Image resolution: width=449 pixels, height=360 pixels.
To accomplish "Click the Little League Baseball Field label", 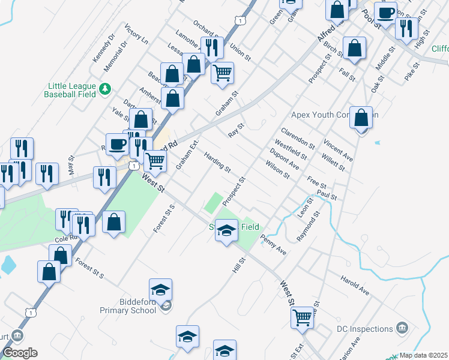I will [x=70, y=89].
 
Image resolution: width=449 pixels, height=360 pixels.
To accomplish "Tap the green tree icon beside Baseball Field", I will [x=106, y=89].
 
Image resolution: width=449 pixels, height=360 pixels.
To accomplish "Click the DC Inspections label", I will [x=364, y=329].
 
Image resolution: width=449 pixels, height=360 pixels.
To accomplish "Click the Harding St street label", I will [x=217, y=162].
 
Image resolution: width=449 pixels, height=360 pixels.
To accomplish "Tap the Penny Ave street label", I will [x=273, y=245].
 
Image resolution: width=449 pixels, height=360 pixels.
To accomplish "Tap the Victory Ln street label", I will [x=136, y=35].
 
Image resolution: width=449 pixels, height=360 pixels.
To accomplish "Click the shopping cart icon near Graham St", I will [x=223, y=73].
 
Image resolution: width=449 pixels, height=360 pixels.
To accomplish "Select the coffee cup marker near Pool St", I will [x=385, y=12].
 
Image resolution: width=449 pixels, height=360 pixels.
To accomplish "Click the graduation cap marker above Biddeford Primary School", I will [x=161, y=290].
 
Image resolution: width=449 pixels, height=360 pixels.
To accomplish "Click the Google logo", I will [x=19, y=353].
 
